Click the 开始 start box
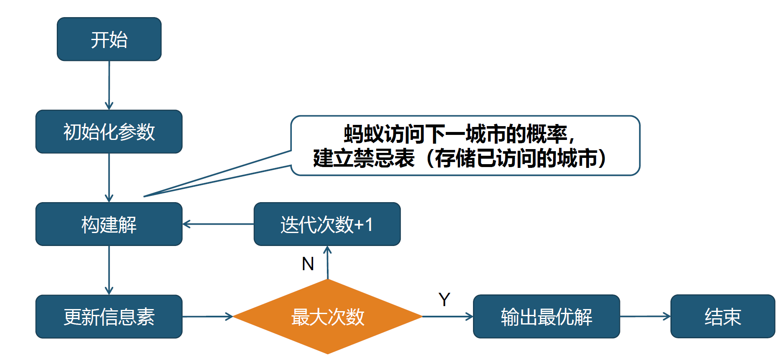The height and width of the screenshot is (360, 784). [x=109, y=39]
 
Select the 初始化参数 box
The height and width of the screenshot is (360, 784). [x=109, y=132]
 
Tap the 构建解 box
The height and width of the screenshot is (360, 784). [x=109, y=224]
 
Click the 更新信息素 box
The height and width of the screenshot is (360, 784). [x=109, y=317]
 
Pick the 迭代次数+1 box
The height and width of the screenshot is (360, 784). [x=327, y=224]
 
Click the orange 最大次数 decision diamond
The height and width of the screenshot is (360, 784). [x=328, y=317]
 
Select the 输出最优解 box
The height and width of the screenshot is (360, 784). [x=546, y=317]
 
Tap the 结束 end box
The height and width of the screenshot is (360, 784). [x=723, y=317]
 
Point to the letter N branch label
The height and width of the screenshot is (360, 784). [x=308, y=264]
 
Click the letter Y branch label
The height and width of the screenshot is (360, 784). [x=444, y=299]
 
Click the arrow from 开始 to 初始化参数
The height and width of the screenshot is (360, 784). [x=109, y=85]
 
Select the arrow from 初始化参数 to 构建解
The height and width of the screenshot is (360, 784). [x=109, y=177]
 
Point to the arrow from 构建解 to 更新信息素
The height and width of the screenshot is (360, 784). [x=109, y=270]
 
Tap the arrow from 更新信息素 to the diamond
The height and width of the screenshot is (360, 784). [x=207, y=317]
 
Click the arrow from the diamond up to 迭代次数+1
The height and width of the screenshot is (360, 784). [x=328, y=262]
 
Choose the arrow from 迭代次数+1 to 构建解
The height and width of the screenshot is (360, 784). [x=218, y=224]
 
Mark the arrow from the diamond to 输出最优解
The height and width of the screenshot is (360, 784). [x=448, y=317]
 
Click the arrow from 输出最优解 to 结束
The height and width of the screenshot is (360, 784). [x=645, y=317]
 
